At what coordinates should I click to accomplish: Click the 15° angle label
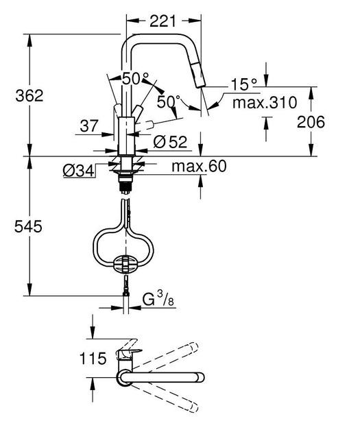243,84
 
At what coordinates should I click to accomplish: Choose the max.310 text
263,103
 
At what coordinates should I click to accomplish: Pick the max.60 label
199,165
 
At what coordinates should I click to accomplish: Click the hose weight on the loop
125,263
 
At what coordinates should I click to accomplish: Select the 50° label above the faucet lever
135,77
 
